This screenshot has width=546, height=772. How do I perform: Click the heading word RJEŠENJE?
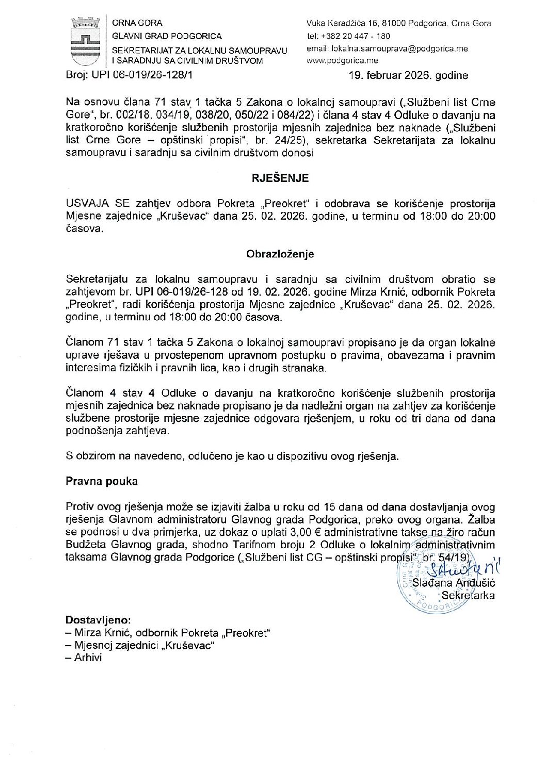click(x=280, y=178)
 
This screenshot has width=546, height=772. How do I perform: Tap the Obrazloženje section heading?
click(x=280, y=254)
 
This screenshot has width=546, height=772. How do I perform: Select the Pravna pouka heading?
click(x=102, y=481)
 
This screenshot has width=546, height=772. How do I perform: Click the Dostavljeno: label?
click(x=98, y=619)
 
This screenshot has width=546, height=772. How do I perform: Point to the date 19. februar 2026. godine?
click(x=409, y=75)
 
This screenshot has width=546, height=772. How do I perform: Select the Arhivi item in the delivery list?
click(x=88, y=658)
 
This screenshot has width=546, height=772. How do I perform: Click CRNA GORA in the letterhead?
click(x=137, y=23)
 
